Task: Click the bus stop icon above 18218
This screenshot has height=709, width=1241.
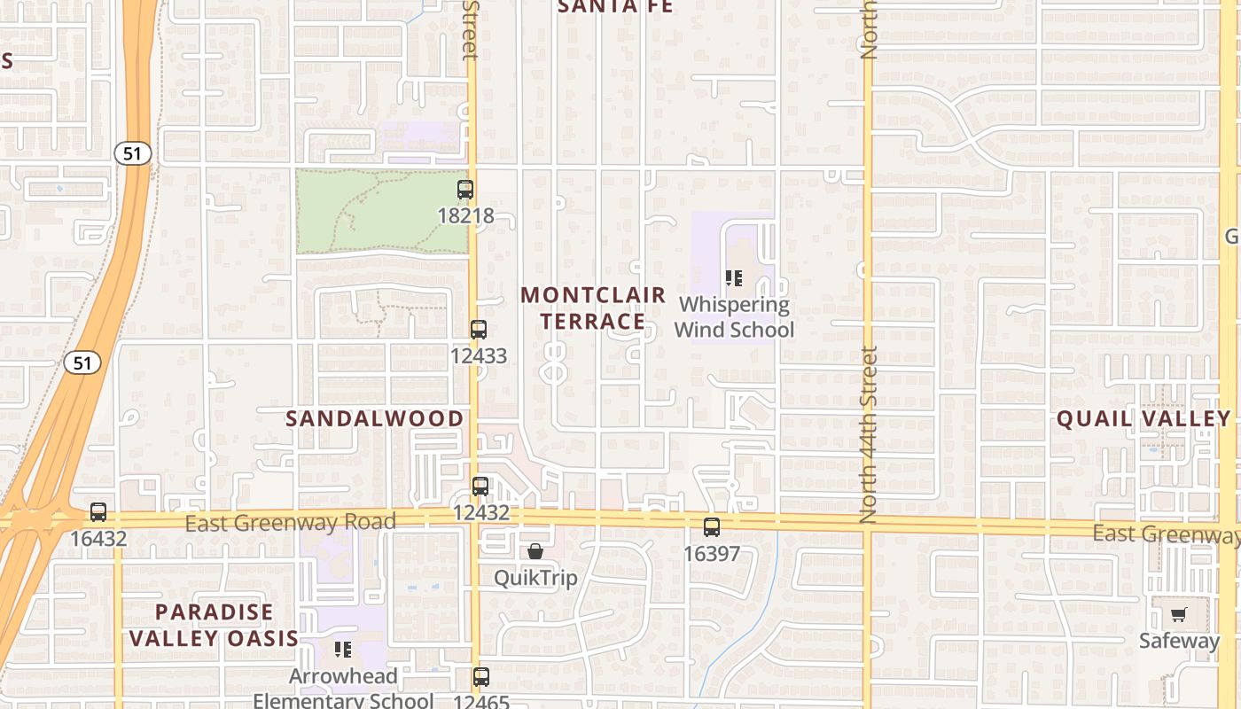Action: pos(465,189)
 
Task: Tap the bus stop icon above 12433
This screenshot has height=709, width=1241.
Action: pos(479,330)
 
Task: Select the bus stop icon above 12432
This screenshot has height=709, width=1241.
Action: pos(480,486)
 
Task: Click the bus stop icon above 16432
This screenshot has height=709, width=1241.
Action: pos(98,512)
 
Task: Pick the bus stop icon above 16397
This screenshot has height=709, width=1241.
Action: pos(712,527)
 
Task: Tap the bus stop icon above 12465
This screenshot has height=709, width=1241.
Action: pos(480,677)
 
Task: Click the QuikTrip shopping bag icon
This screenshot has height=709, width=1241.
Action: pos(535,552)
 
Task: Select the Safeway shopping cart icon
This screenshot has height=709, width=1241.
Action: pos(1179,614)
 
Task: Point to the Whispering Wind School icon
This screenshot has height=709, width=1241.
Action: pos(734,278)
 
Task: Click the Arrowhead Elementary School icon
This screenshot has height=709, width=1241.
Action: pos(343,650)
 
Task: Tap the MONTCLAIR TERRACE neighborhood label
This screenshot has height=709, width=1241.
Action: pos(593,308)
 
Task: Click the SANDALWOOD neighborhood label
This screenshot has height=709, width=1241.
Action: pos(374,418)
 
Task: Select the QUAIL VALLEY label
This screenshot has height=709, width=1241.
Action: pos(1143,418)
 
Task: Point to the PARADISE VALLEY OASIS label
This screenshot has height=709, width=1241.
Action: pos(214,625)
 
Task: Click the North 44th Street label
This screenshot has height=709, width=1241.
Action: pos(869,434)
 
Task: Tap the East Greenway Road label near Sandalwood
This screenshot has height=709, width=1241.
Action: pos(290,523)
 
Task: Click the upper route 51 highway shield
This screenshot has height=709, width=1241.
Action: pos(132,153)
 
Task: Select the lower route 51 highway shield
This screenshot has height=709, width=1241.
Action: pos(82,362)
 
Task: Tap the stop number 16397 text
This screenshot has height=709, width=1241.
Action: pos(712,553)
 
